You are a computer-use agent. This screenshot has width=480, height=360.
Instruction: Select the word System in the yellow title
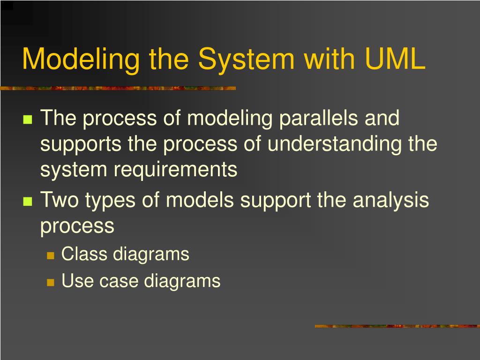pos(246,60)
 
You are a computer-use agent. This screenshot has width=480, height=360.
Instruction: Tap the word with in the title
pos(326,60)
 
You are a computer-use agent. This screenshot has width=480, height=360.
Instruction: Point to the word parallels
pos(319,118)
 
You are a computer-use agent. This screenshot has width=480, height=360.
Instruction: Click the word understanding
pos(335,143)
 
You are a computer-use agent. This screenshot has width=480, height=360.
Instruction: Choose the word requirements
pos(175,170)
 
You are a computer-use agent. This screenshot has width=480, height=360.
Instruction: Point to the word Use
pos(74,281)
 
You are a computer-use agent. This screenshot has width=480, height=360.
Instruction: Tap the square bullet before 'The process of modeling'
pos(27,119)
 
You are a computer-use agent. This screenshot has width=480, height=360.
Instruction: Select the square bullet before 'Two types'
pos(27,202)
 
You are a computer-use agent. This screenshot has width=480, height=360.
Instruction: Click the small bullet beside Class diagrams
pos(51,255)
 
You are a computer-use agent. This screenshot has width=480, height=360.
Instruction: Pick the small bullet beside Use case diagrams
pos(51,282)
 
